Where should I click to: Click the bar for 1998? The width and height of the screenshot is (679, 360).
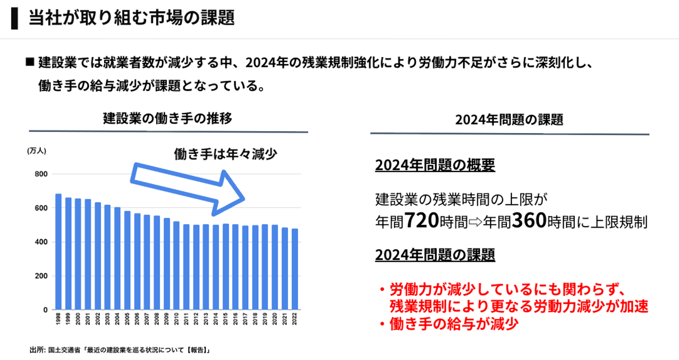point(58,252)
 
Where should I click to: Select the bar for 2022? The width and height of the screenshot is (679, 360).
point(295,269)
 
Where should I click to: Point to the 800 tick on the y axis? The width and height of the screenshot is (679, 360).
point(42,174)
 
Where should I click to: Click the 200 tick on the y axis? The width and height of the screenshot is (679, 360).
point(42,276)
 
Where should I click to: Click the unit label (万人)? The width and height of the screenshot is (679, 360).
point(36,151)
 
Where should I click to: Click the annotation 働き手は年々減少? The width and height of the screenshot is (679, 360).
point(225,154)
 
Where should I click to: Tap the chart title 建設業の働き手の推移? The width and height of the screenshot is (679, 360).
point(167,118)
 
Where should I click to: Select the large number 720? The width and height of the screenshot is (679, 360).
point(422,220)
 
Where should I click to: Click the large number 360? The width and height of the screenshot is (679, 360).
point(529,220)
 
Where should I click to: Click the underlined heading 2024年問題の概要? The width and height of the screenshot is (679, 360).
point(435,166)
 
